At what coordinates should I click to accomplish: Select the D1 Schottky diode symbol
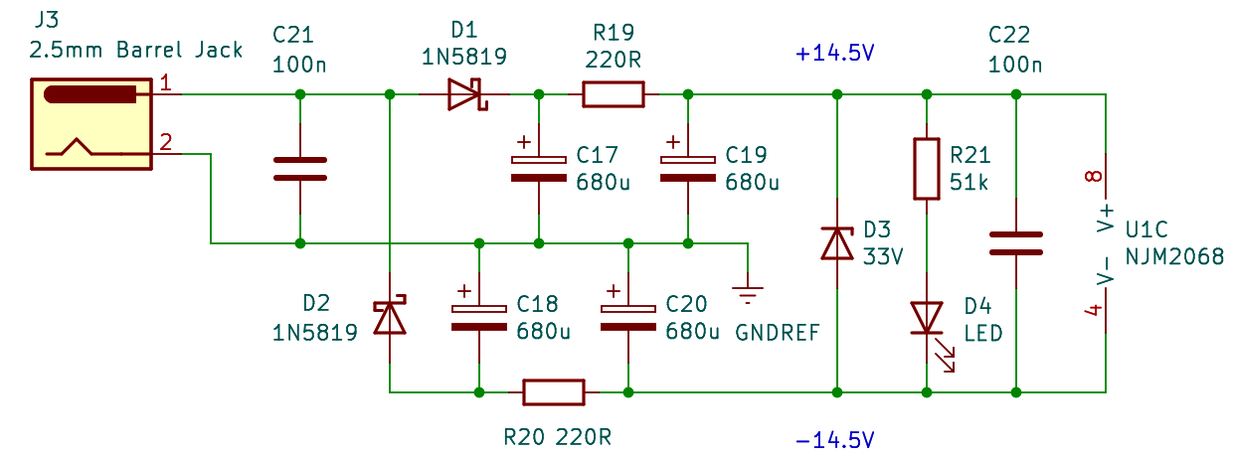pyautogui.click(x=464, y=95)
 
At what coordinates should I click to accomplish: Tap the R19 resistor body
pyautogui.click(x=613, y=95)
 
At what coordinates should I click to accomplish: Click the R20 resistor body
pyautogui.click(x=554, y=392)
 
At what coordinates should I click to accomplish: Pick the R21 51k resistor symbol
pyautogui.click(x=927, y=169)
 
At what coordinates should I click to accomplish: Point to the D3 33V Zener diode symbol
pyautogui.click(x=837, y=243)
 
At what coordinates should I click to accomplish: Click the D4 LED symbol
pyautogui.click(x=928, y=319)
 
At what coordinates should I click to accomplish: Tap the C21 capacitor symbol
pyautogui.click(x=299, y=169)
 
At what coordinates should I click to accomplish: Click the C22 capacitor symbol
pyautogui.click(x=1016, y=243)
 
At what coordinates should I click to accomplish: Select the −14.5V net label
pyautogui.click(x=835, y=439)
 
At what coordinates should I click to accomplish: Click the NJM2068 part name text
pyautogui.click(x=1176, y=255)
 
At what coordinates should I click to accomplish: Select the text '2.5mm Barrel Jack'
pyautogui.click(x=136, y=49)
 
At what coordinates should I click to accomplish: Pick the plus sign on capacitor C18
pyautogui.click(x=463, y=291)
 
